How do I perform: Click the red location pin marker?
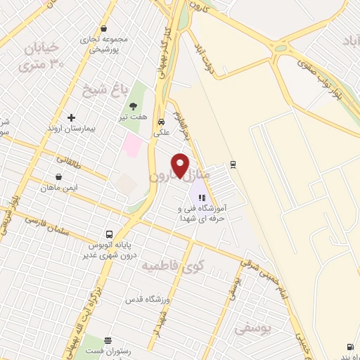tap(181, 165)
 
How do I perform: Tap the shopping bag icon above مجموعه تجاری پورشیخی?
tap(104, 29)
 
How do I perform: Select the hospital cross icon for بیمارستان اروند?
tap(71, 117)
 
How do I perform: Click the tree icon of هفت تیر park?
tap(133, 106)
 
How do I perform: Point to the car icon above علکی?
tap(161, 120)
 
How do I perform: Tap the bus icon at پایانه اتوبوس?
tap(109, 233)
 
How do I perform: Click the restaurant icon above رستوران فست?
tap(107, 340)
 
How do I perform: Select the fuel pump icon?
tap(349, 347)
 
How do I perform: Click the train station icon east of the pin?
tap(233, 165)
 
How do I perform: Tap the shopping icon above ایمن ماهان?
tap(58, 177)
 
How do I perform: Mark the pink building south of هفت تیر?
tap(132, 146)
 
